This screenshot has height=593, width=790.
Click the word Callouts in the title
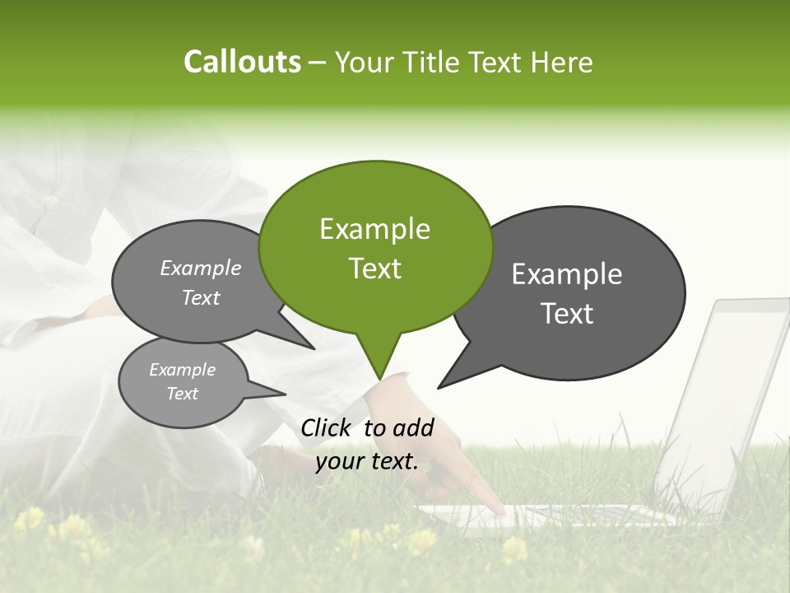tap(242, 63)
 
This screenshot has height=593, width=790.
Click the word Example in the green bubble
tap(375, 229)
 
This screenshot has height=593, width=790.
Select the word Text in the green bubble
tap(375, 268)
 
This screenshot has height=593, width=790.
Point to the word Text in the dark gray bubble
tap(568, 314)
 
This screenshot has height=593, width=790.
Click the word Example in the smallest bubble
tap(183, 370)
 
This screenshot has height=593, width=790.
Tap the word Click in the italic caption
tap(326, 427)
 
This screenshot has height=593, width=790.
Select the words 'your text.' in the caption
tap(367, 461)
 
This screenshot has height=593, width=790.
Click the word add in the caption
tap(413, 427)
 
